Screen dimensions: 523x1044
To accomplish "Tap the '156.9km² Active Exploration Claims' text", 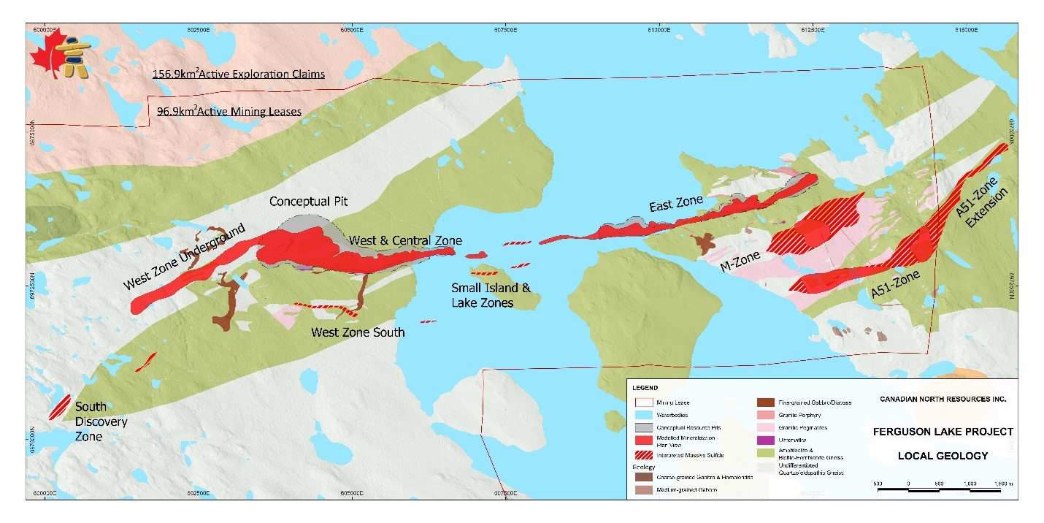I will (238, 75).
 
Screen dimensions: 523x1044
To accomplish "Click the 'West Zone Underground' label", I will (186, 259).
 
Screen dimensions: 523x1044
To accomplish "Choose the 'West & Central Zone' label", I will (405, 240).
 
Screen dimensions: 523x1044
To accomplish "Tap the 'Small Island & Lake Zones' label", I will (483, 295).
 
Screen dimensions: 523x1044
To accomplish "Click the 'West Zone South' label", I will (358, 332).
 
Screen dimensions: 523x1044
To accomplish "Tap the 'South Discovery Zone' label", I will (101, 421).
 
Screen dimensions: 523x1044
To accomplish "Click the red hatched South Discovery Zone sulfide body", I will (58, 408).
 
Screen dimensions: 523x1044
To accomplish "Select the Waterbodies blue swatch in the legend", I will (642, 414).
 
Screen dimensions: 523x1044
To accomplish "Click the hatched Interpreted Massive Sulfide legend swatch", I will (642, 454).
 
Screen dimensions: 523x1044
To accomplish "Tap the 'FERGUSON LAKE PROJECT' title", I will (943, 432).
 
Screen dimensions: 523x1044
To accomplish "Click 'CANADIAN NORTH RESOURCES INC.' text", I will (943, 400).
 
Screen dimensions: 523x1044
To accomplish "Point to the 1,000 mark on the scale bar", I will (970, 484).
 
